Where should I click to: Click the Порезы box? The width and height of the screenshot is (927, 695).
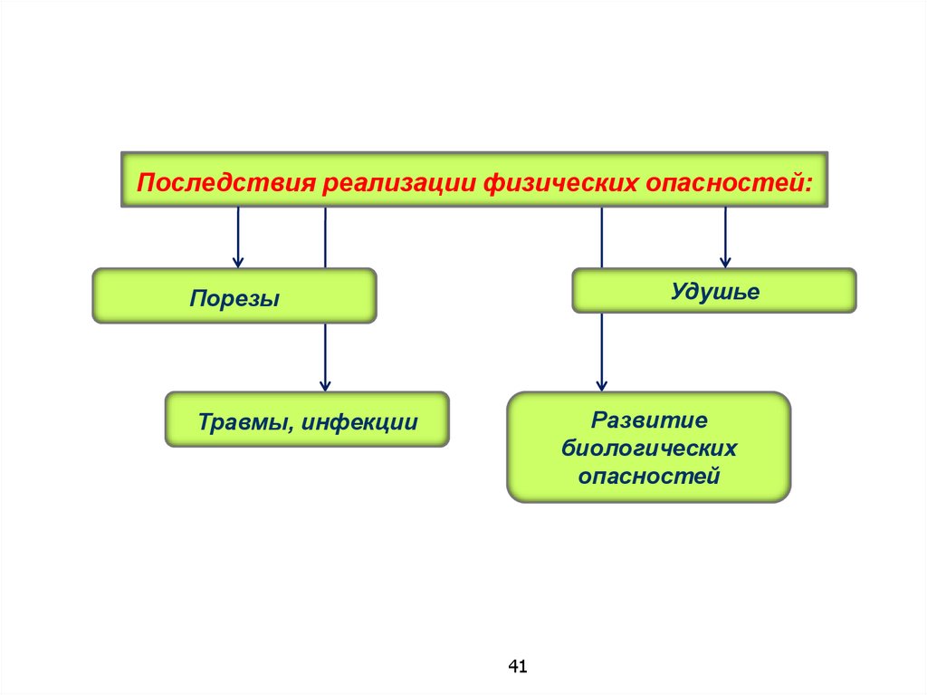[x=234, y=296]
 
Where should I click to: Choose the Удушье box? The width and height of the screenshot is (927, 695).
[x=713, y=291]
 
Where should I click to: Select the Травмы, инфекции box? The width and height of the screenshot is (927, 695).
[x=306, y=420]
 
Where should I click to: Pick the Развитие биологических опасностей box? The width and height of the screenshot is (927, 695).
[x=648, y=448]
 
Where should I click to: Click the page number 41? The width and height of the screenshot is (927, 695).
[x=517, y=667]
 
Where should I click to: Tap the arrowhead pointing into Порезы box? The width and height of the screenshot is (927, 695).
[x=238, y=261]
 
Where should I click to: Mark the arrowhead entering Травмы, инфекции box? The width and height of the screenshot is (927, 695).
[x=325, y=384]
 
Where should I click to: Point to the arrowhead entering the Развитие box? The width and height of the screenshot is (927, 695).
[x=602, y=384]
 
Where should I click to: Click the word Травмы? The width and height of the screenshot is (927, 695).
[x=244, y=421]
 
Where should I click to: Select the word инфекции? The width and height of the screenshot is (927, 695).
[x=360, y=421]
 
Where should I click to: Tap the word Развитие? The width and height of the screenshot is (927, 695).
[x=648, y=420]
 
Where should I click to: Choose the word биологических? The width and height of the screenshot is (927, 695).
[x=648, y=448]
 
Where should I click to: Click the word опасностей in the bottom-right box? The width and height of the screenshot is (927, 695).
[x=648, y=475]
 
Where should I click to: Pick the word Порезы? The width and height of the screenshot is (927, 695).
[x=234, y=298]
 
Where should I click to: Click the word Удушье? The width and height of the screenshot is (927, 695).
[x=715, y=292]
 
